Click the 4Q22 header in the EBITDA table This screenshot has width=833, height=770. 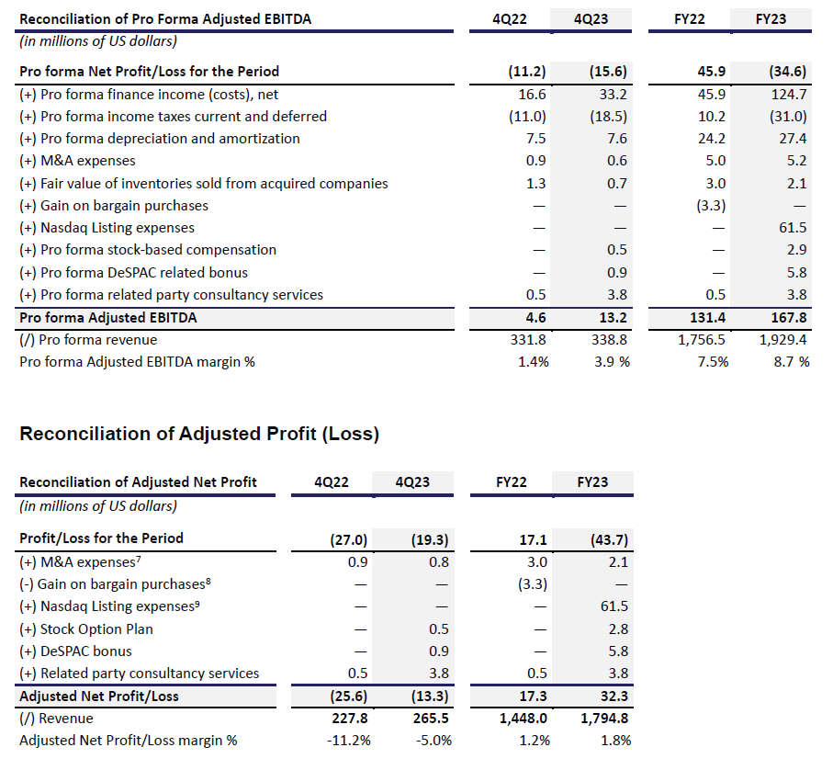[x=510, y=19]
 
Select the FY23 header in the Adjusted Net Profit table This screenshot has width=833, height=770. [x=592, y=482]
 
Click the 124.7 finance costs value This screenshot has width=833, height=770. [x=789, y=95]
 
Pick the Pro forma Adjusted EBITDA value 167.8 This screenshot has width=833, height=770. [x=789, y=318]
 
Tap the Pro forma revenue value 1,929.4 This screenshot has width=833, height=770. [x=782, y=340]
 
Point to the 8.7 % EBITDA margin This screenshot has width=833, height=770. [x=792, y=362]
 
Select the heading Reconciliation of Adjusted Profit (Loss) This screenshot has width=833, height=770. [x=199, y=434]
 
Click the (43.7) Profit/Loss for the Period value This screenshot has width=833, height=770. [x=609, y=540]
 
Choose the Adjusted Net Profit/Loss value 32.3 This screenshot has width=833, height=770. [x=614, y=696]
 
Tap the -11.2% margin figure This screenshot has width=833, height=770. [x=348, y=741]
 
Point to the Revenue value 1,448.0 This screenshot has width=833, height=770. [x=523, y=719]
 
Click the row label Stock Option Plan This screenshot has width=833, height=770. [x=86, y=629]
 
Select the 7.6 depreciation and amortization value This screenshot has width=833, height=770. [x=617, y=139]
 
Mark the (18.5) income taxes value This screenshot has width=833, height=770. [x=608, y=117]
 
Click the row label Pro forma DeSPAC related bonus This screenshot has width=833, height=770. [x=133, y=273]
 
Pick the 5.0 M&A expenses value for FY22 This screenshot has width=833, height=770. [x=715, y=161]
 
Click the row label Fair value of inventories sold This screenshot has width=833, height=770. [x=204, y=184]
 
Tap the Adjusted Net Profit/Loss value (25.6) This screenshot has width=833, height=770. [x=348, y=696]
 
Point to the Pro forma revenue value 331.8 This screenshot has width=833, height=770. [x=528, y=340]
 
